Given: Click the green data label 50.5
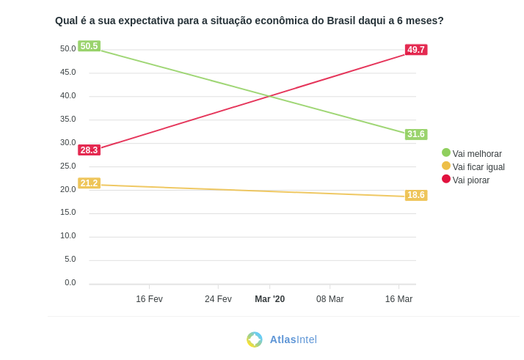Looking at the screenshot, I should pos(89,46).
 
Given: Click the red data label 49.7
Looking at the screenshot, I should pos(416,50).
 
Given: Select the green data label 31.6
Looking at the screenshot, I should pos(416,134).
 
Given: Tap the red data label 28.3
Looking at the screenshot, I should pos(89,150).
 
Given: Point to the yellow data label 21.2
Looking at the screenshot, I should pos(89,183).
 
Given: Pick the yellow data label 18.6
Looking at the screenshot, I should pos(416,195).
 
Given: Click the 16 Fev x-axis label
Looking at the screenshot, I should pos(149,299).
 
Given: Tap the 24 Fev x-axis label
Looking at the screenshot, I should pos(218,299).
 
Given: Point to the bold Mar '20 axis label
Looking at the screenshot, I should pos(269,299).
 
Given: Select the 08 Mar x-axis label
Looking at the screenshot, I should pos(330,299).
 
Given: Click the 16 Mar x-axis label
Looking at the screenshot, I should pos(399,299).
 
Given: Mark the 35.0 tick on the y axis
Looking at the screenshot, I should pos(68,119).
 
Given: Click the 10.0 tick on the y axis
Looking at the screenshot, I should pos(68,235).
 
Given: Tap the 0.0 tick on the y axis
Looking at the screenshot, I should pos(70,282).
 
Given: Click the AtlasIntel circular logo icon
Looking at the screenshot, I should pos(255,339).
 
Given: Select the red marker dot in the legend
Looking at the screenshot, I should pos(446,179).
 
